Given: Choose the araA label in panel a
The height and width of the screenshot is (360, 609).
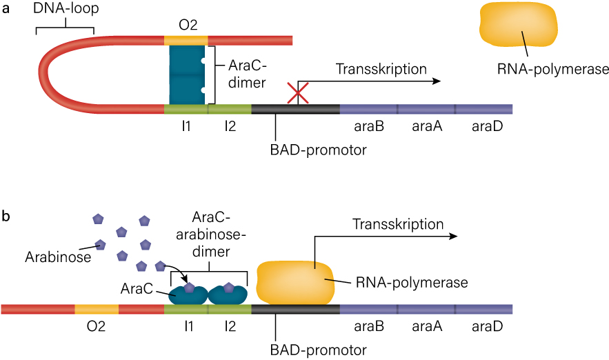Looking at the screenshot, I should tap(426, 127).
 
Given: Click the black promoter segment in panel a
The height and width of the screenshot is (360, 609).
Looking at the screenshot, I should tap(295, 109).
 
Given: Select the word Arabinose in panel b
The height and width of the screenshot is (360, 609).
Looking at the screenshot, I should tap(50, 257).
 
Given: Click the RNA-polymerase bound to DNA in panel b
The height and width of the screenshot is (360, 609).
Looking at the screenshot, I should tap(296, 281).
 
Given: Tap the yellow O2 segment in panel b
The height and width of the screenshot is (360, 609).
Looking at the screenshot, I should tap(96, 308).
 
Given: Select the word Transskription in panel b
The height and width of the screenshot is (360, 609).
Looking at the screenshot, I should tap(398, 224).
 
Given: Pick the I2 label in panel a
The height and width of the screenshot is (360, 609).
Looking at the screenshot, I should tap(229, 127).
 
